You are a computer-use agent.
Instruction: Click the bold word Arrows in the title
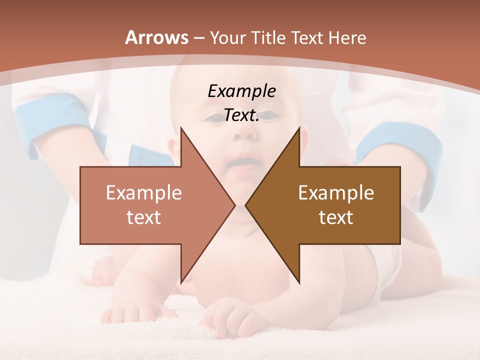(157, 37)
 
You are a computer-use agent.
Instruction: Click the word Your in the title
(227, 37)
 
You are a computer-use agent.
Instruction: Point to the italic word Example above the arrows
(241, 91)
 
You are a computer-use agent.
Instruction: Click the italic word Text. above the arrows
(241, 115)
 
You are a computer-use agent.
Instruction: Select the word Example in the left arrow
(144, 192)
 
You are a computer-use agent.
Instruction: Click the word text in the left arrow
(144, 217)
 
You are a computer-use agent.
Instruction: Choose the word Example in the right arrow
(336, 192)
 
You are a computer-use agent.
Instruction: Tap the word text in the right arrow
(336, 217)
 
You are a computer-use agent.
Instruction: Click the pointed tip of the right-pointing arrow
(234, 205)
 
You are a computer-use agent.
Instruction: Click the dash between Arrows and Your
(198, 37)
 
